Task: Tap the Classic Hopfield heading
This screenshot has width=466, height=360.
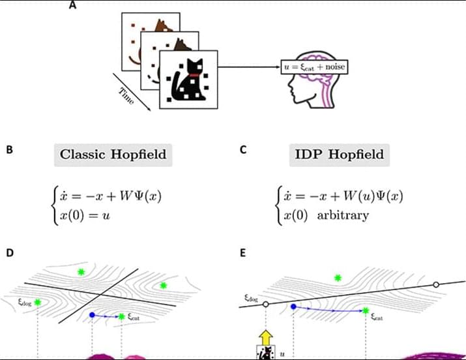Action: (x=113, y=155)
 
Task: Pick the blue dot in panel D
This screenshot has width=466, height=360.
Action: (x=92, y=315)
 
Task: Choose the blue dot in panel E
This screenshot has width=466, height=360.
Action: (x=294, y=306)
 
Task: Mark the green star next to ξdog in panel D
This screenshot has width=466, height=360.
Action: (x=38, y=302)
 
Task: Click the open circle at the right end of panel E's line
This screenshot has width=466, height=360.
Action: (x=435, y=285)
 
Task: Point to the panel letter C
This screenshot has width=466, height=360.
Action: (x=242, y=149)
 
